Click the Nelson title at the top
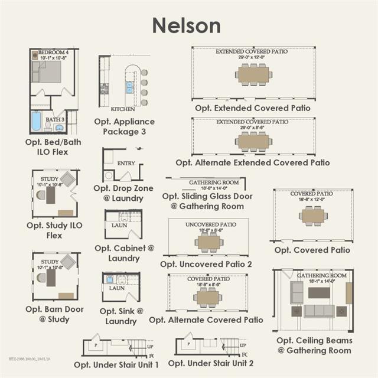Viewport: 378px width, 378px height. click(x=187, y=25)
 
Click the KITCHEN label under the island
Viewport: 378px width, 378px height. click(x=123, y=109)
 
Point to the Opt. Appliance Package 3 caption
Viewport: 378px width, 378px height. click(x=124, y=126)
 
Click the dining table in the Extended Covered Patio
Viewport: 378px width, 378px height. click(x=253, y=74)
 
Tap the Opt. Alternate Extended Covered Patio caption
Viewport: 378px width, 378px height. click(x=252, y=162)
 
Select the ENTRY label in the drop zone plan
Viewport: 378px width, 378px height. click(x=126, y=163)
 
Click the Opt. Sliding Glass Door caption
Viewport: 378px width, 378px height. click(x=207, y=201)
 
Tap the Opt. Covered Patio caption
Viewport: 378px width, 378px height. click(x=312, y=250)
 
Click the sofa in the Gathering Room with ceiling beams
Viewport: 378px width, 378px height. click(x=319, y=311)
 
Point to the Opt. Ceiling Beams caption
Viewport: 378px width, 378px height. click(x=314, y=346)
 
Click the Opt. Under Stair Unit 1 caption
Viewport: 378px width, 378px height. click(x=116, y=364)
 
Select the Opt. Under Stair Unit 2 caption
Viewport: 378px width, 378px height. click(x=211, y=363)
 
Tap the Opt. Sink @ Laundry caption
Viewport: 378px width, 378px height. click(x=121, y=316)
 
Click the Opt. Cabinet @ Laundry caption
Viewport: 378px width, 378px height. click(x=123, y=253)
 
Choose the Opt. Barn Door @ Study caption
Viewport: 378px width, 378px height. click(x=55, y=314)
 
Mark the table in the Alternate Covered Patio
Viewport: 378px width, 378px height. click(x=208, y=296)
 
